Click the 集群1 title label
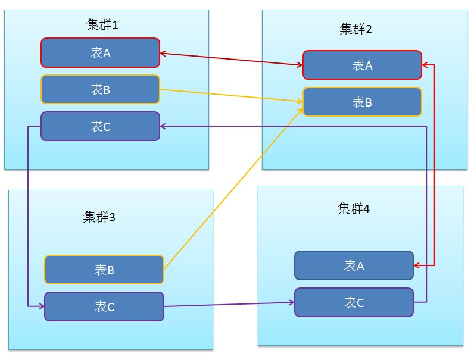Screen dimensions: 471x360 (x=102, y=24)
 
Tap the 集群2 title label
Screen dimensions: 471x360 (x=355, y=29)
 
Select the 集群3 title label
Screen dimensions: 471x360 (x=99, y=217)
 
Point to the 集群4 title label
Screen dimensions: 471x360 (x=353, y=208)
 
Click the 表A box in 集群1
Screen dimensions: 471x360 (x=100, y=52)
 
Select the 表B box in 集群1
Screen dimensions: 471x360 (x=100, y=89)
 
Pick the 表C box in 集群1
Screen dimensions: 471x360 (x=100, y=126)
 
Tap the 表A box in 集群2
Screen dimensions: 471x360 (x=362, y=65)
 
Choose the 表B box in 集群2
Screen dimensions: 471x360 (x=362, y=102)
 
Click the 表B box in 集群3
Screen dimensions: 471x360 (x=104, y=270)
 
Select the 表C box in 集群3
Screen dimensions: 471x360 (x=104, y=306)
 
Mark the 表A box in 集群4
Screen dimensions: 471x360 (x=354, y=265)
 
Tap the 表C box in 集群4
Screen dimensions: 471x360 (x=354, y=302)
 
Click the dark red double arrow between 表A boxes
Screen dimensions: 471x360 (x=231, y=59)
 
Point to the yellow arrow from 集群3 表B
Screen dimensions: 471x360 (x=233, y=188)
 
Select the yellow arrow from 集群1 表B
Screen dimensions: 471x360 (x=231, y=95)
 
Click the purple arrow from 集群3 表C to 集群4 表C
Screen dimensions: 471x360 (x=229, y=305)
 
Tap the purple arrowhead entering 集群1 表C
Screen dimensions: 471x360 (x=163, y=126)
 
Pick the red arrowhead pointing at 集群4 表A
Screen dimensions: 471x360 (x=416, y=265)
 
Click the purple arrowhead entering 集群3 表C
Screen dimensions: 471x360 (x=42, y=306)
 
